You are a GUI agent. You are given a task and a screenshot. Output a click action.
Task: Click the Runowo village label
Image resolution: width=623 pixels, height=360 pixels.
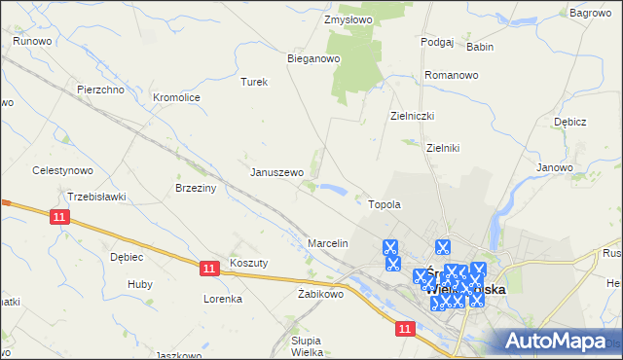coord(32,42)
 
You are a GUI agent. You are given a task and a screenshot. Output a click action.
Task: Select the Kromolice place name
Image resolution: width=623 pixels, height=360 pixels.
coord(177,98)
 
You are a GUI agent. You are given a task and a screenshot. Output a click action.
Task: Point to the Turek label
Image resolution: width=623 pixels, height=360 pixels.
coord(253,83)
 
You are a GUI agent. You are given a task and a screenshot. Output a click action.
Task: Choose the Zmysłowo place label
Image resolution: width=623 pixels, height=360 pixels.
coord(349,19)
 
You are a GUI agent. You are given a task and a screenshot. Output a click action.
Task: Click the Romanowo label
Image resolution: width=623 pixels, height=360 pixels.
coord(452,75)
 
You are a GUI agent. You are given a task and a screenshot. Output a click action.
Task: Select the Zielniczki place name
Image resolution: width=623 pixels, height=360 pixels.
coord(412,116)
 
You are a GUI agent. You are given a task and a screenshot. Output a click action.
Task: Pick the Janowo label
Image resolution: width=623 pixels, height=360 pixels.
coord(554,167)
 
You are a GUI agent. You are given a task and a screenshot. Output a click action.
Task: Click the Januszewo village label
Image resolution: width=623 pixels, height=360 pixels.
coord(277,172)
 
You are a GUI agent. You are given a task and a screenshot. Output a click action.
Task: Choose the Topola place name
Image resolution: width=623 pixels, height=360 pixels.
coord(385,205)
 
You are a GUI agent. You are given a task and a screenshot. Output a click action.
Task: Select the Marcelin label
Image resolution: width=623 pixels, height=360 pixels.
coord(328,242)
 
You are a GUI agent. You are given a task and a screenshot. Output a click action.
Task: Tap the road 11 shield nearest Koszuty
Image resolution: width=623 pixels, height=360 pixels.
coord(209,267)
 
